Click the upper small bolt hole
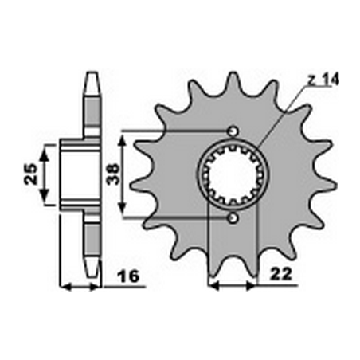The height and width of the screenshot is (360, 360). coord(232,131)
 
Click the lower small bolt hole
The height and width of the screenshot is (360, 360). coord(232,217)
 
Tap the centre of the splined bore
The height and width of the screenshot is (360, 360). coord(232,174)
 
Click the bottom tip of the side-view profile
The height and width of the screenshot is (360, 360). coord(92,269)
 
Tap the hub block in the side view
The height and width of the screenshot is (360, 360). coord(76,174)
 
